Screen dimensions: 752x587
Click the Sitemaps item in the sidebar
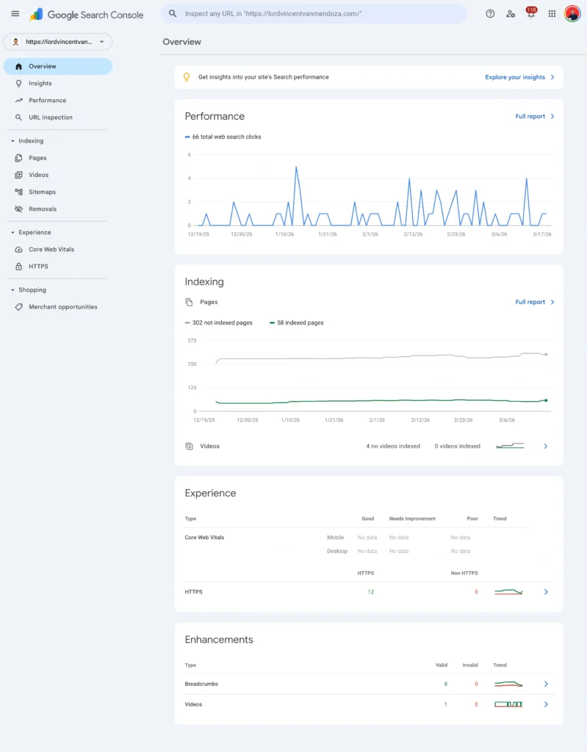click(x=42, y=192)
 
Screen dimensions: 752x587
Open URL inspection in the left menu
click(x=50, y=117)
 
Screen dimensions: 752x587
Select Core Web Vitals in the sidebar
click(x=51, y=250)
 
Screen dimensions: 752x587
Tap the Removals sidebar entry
click(x=42, y=209)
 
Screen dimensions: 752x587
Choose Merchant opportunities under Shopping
click(x=62, y=307)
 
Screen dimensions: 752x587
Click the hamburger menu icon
click(x=15, y=14)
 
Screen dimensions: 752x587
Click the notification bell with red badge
click(x=530, y=14)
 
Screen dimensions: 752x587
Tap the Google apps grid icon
click(x=552, y=14)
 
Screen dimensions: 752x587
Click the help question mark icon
click(x=490, y=14)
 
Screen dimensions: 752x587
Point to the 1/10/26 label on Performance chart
click(x=284, y=234)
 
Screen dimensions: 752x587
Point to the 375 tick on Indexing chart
click(x=192, y=341)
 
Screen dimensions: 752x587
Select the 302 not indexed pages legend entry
click(x=221, y=322)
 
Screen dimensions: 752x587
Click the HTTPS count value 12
click(x=371, y=592)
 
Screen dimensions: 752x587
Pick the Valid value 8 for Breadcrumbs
click(x=445, y=684)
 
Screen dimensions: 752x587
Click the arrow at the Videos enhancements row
click(x=546, y=704)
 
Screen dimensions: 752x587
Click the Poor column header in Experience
click(x=472, y=518)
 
